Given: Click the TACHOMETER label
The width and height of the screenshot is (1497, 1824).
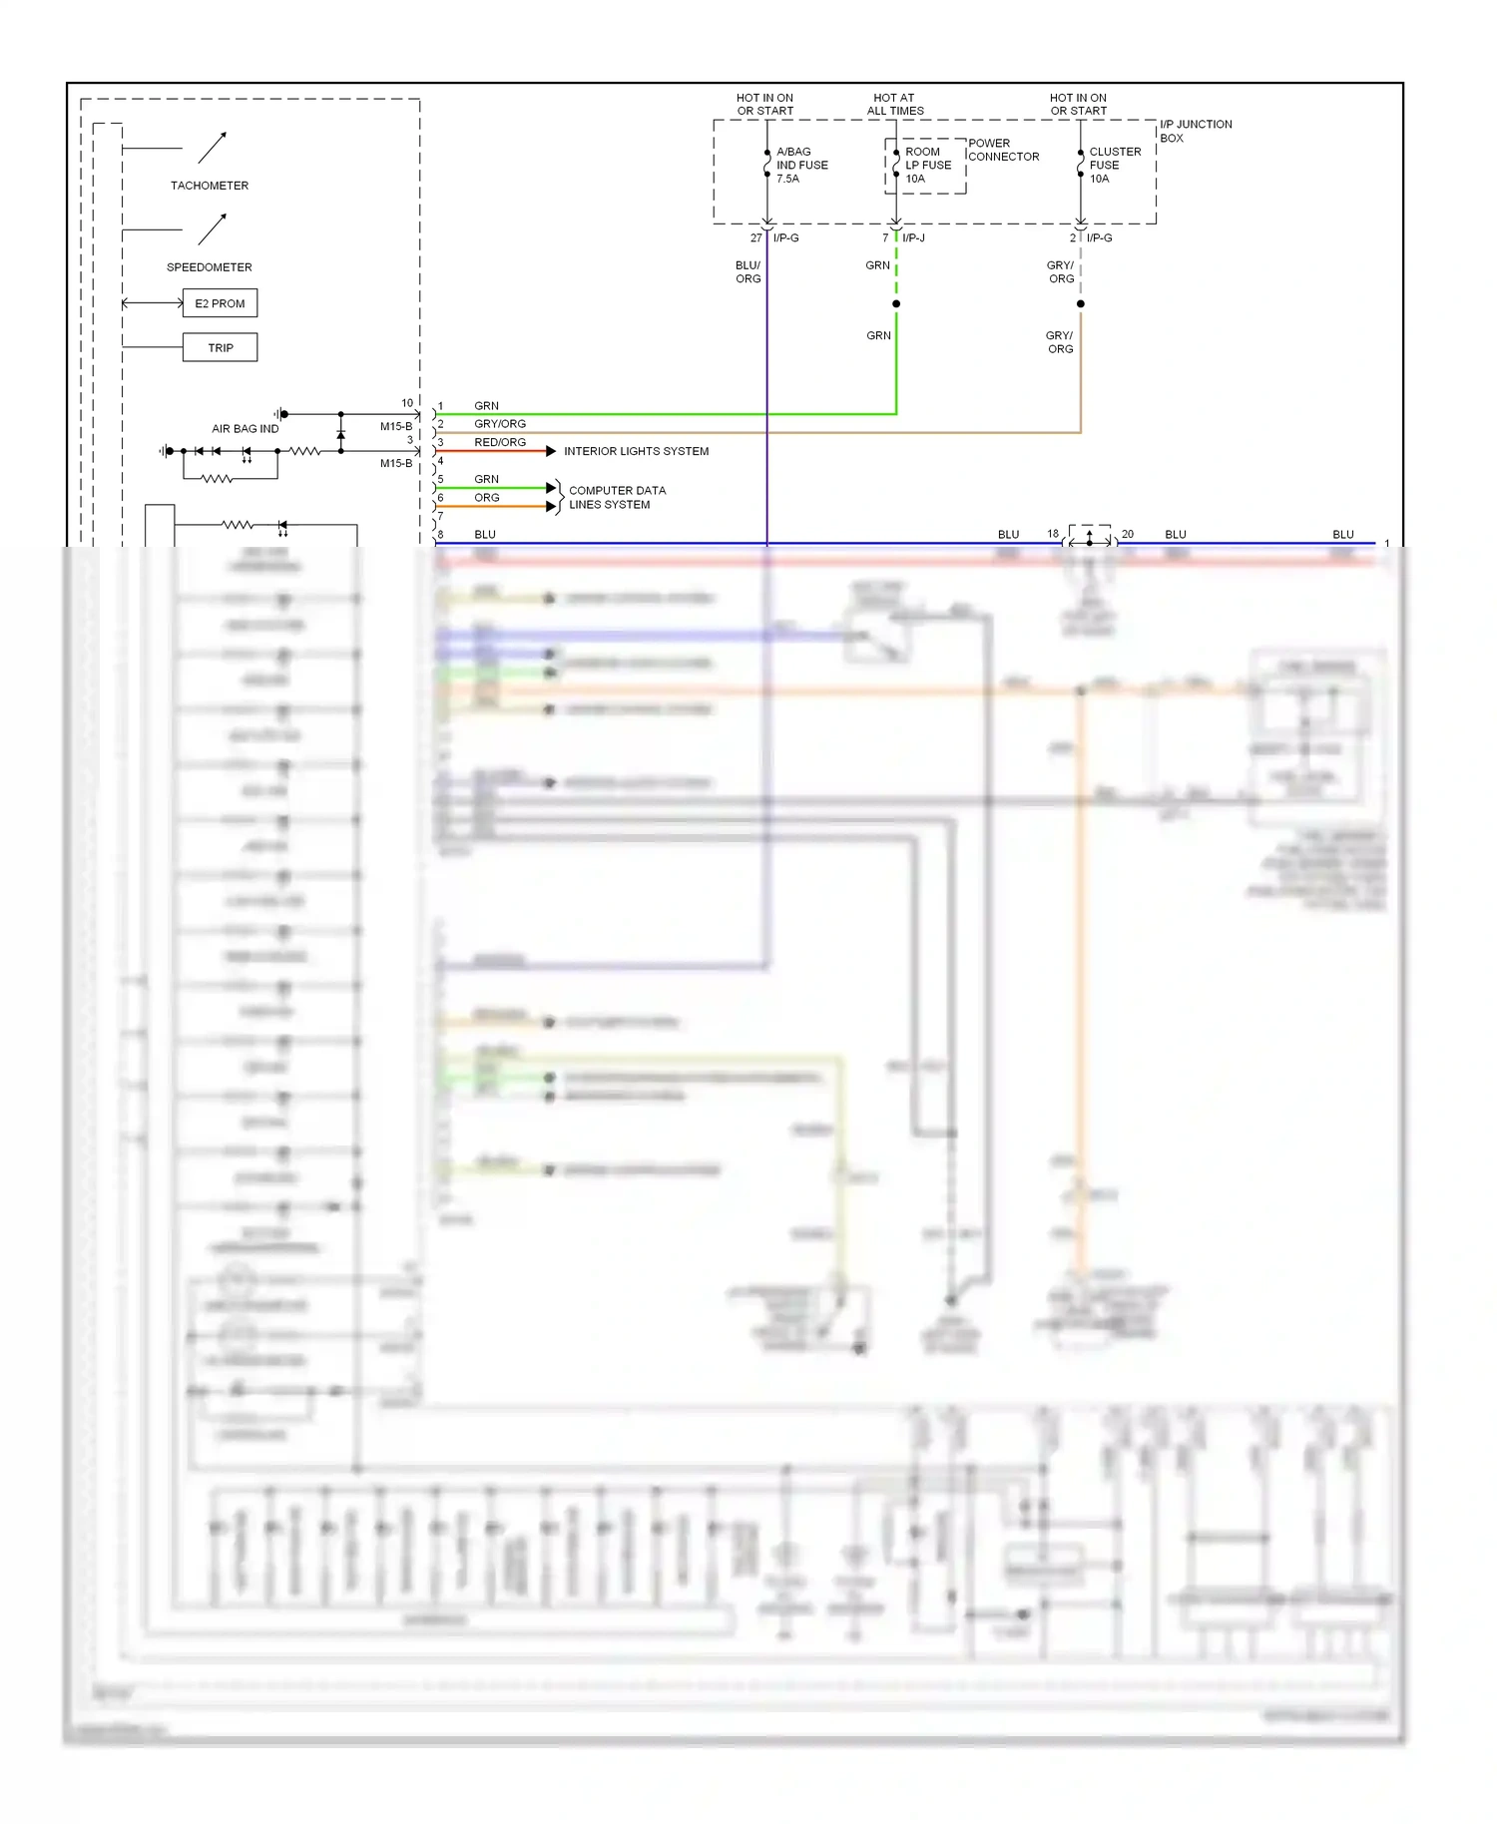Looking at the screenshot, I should point(210,186).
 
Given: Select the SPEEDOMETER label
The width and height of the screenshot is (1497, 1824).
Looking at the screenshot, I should point(210,267).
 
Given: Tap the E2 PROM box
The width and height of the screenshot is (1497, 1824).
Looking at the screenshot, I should point(220,303).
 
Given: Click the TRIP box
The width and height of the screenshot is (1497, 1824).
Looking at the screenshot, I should point(221,348).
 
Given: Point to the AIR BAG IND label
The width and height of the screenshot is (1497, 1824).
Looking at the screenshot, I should point(246,429).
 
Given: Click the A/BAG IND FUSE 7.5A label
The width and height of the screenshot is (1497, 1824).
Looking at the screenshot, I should point(801,166).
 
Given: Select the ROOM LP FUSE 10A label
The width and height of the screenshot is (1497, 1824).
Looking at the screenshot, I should point(927,166).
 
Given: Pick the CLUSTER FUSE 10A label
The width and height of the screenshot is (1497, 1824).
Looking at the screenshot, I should point(1114,166).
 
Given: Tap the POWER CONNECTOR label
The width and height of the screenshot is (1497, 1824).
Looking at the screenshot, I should point(1003,150).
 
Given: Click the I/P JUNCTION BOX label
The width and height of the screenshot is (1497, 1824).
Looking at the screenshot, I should point(1195,131).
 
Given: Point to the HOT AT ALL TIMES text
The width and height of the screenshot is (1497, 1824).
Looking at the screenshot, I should point(895,105).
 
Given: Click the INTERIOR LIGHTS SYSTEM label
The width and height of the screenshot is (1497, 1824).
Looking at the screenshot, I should point(636,452).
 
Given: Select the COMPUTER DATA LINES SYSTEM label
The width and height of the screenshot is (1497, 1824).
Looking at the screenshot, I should point(616,498).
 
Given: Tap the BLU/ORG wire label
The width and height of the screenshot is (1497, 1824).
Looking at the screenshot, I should point(748,272).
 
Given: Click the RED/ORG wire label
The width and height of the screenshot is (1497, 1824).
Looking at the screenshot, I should point(500,442).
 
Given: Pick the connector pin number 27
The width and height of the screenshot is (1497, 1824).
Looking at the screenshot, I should point(755,238).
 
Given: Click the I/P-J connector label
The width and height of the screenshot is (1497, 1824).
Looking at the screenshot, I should point(913,238).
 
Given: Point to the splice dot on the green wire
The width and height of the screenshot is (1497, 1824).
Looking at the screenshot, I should point(896,304).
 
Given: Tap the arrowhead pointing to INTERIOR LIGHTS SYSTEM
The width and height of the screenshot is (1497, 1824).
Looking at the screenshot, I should point(551,452).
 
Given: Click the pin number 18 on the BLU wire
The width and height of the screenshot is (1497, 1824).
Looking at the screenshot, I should point(1053,534).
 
